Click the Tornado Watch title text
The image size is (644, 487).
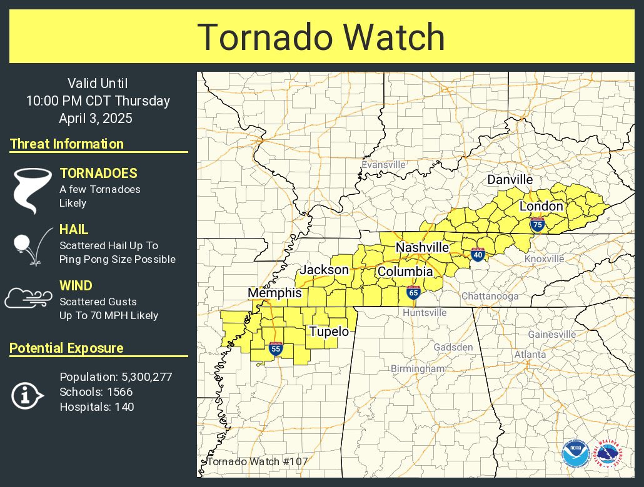click(x=321, y=37)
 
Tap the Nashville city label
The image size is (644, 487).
click(x=422, y=248)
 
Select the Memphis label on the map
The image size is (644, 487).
click(x=274, y=293)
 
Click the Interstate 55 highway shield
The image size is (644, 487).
click(x=276, y=348)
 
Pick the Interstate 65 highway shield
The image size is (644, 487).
click(x=413, y=292)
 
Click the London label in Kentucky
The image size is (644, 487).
click(x=541, y=206)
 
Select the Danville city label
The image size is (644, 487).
click(x=510, y=180)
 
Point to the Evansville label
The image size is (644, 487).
click(x=384, y=165)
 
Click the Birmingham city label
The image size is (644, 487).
click(x=418, y=369)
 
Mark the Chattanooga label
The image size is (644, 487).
click(x=490, y=297)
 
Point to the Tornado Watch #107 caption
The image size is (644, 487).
click(x=256, y=462)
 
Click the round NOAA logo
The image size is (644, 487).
click(x=575, y=453)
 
